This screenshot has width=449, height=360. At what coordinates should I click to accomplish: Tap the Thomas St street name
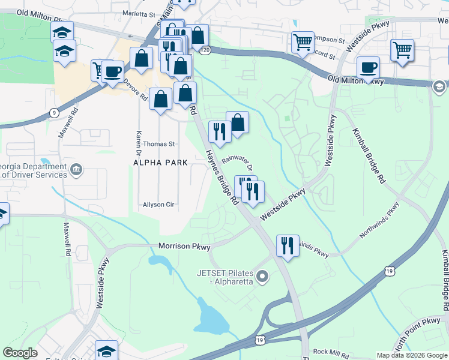[158, 144]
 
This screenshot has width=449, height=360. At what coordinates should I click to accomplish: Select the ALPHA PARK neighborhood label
[160, 163]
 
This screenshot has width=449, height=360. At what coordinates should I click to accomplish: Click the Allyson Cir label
[158, 205]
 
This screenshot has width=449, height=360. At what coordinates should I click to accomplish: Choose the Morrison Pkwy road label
[184, 246]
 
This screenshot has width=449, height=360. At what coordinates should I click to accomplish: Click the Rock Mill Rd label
[330, 352]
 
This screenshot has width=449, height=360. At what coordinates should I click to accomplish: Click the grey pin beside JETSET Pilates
[262, 277]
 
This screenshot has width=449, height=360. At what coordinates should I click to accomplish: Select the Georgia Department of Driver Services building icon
[76, 169]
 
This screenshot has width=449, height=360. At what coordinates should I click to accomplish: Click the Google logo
[20, 353]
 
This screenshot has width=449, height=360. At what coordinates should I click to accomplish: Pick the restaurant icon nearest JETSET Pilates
[288, 245]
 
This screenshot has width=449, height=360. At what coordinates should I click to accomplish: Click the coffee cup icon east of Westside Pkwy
[367, 67]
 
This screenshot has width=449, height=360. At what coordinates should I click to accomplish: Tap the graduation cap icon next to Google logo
[106, 350]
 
